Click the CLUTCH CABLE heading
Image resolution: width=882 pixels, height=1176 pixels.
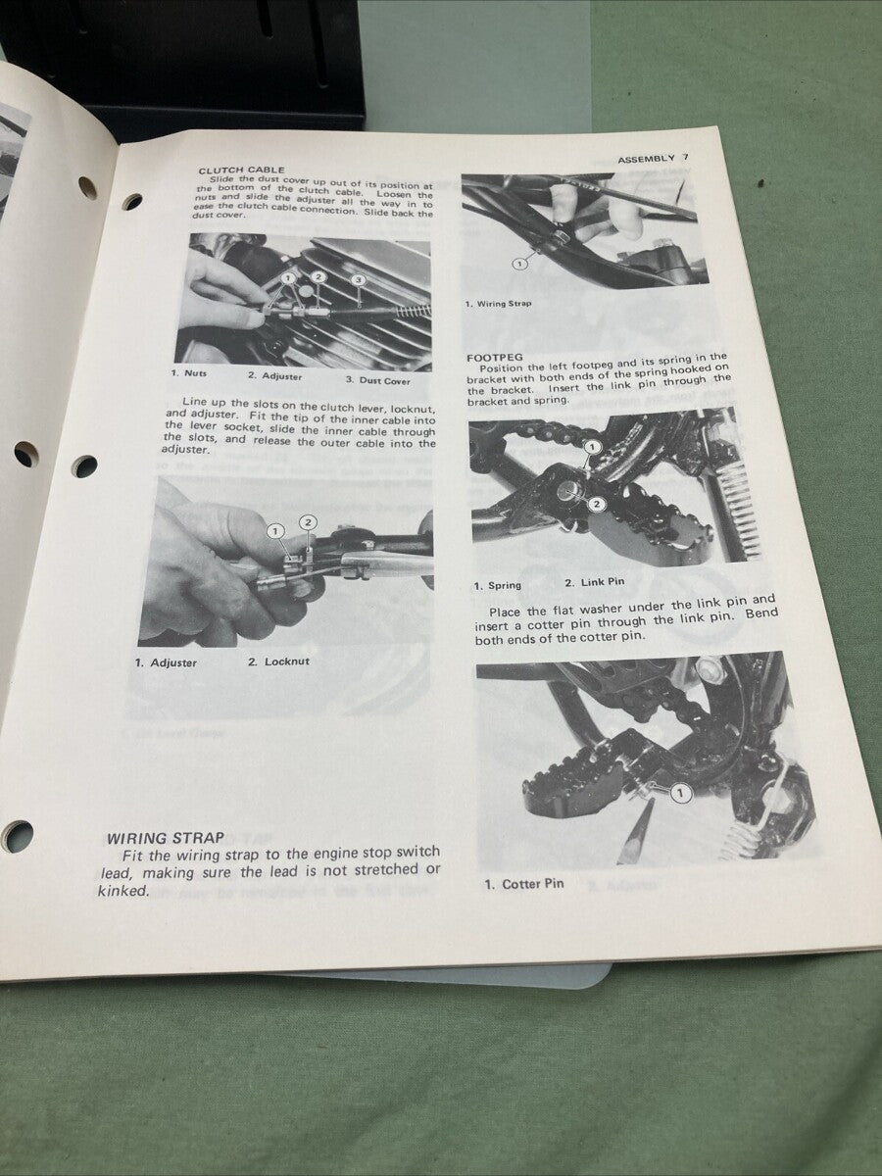tap(241, 171)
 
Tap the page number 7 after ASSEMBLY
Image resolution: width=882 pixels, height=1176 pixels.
tap(686, 158)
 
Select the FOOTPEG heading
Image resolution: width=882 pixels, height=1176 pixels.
tap(496, 358)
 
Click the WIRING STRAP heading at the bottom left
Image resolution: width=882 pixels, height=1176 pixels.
tap(165, 838)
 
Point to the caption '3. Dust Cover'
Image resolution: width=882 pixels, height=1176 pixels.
tap(377, 380)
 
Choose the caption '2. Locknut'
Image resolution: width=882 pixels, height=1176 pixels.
tap(278, 661)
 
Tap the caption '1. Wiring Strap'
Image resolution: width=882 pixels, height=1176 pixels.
tap(499, 304)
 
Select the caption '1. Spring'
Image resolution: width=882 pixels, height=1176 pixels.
tap(498, 585)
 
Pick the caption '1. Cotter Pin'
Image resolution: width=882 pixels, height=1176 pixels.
tap(524, 884)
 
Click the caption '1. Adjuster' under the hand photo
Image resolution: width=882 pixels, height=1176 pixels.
tap(166, 662)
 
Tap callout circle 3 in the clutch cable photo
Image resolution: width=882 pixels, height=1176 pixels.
tap(359, 280)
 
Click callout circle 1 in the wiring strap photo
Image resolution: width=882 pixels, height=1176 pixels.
tap(519, 263)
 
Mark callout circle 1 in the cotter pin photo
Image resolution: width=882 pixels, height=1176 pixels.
tap(681, 793)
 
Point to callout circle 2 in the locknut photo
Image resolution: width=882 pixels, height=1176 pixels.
tap(309, 522)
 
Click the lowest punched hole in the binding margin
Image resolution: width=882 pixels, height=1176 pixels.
tap(17, 836)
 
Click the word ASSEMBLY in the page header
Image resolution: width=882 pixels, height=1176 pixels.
tap(646, 159)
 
